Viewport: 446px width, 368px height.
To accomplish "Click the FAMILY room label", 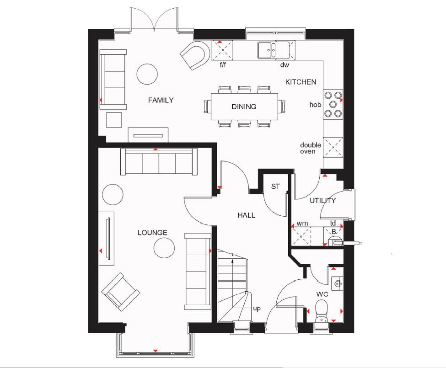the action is (x=161, y=100).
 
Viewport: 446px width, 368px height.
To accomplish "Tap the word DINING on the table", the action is (x=244, y=107).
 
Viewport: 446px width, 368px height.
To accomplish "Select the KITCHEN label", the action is (x=301, y=82).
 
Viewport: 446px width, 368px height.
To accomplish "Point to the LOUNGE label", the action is (x=152, y=232).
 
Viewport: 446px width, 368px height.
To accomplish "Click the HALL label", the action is (x=246, y=215).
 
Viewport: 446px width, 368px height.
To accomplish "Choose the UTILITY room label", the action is (x=322, y=200).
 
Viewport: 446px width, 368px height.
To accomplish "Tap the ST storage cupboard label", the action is (x=275, y=187).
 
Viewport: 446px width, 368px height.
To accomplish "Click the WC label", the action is (x=322, y=294).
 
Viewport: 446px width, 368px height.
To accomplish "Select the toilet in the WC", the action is (x=322, y=312).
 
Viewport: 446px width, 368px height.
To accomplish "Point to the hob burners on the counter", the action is (x=333, y=104).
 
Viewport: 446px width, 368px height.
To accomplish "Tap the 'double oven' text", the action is (x=311, y=148).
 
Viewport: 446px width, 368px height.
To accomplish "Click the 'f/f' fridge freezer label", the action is (x=223, y=64).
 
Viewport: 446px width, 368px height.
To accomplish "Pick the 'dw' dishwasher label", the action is (x=285, y=65).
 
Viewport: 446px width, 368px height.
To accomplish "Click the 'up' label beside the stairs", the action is (x=257, y=309).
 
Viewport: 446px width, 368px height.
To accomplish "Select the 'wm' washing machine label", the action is (x=302, y=224).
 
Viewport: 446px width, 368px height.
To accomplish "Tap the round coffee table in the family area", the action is (x=147, y=74).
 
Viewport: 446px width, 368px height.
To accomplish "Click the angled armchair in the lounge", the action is (x=121, y=292).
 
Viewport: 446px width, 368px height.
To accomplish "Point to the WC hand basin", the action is (x=337, y=283).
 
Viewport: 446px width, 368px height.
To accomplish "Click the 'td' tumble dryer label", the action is (x=333, y=223).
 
